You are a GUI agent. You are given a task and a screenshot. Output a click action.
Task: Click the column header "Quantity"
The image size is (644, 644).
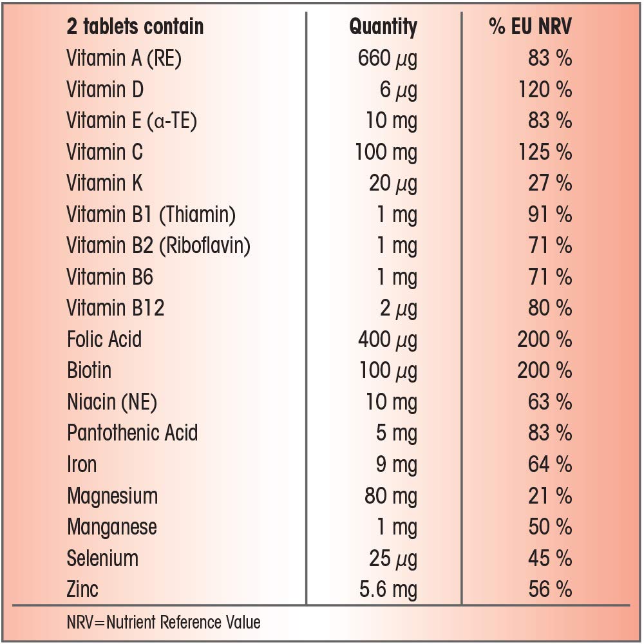point(383,27)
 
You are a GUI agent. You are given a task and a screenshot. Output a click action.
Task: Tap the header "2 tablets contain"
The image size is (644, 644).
point(135,27)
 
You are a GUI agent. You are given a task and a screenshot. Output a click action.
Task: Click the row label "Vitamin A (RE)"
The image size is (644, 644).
point(124,59)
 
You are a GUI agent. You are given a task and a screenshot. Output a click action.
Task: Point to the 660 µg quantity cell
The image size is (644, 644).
point(387,59)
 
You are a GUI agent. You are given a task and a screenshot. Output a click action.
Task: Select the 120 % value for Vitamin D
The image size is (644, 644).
point(545,90)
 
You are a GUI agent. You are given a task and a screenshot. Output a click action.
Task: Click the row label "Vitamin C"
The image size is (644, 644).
point(104,152)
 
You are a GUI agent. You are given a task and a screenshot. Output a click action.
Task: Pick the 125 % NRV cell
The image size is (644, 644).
point(545,152)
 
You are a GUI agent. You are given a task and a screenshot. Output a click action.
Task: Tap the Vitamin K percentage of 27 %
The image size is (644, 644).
point(549,184)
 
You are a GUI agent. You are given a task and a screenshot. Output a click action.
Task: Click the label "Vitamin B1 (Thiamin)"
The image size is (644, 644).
point(151,214)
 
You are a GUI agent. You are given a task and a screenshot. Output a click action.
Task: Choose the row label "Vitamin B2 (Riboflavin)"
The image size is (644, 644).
point(158,246)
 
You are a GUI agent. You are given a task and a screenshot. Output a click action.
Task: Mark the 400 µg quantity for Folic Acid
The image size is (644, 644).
point(387,339)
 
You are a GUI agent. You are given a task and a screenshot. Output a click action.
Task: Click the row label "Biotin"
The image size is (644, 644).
point(89,371)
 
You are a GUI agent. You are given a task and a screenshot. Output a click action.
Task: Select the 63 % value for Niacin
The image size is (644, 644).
point(549,402)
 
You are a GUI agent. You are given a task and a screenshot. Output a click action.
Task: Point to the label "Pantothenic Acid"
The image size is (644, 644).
point(132,433)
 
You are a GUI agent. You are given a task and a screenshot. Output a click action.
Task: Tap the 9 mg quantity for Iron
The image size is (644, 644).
point(396,464)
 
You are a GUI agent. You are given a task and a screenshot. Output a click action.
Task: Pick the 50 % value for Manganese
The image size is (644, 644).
point(549,527)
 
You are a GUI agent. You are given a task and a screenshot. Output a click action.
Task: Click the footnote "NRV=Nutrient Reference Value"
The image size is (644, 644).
point(164,623)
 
